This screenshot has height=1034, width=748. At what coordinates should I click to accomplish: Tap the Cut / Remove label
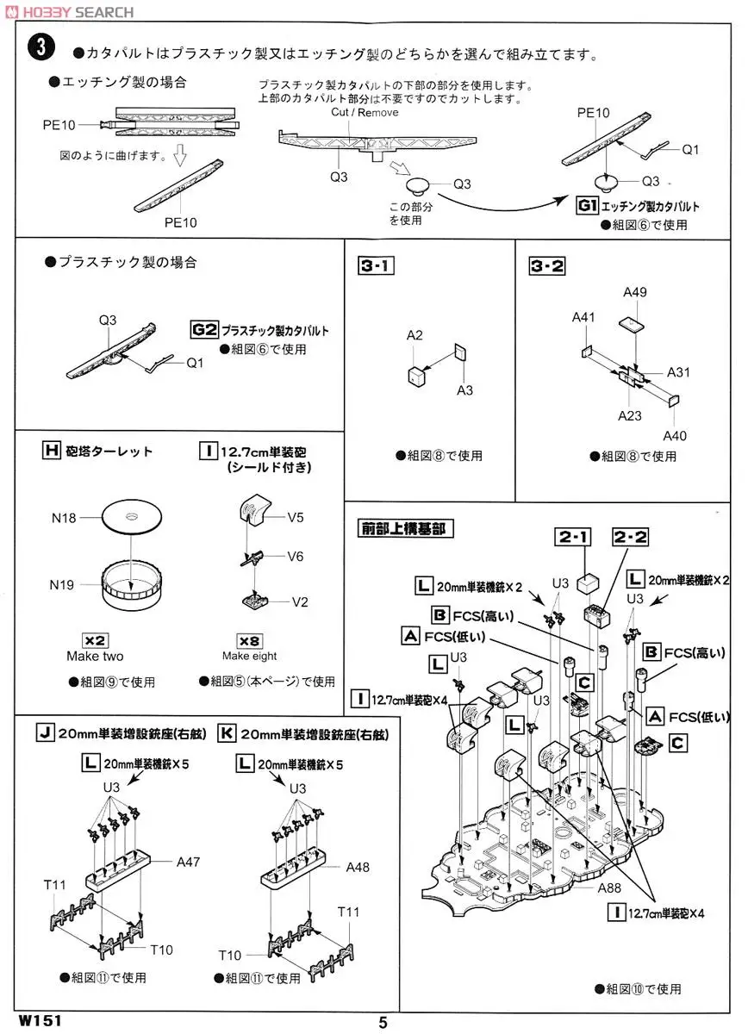point(365,113)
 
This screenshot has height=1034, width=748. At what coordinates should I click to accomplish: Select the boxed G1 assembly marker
point(587,206)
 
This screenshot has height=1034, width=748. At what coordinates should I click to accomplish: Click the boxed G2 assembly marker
point(204,330)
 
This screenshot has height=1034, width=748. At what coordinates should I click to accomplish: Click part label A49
point(635,292)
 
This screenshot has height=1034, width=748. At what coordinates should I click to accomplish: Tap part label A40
point(675,435)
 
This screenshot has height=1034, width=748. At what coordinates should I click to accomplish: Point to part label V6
point(296,557)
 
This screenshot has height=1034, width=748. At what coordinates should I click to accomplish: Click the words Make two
point(94,657)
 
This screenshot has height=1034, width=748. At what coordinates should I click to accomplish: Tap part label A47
point(188,861)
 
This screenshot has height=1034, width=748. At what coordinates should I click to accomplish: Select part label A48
point(357,867)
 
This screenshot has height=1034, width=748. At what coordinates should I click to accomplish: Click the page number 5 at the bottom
point(383,1023)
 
